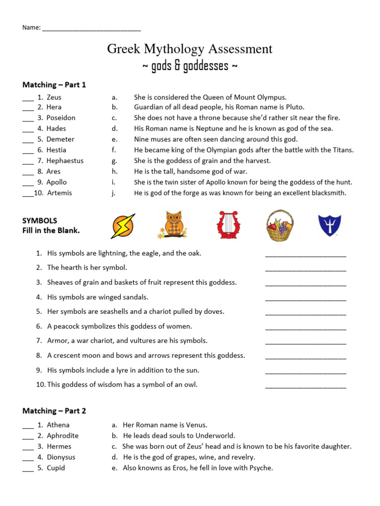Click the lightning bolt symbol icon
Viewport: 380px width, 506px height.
point(123,226)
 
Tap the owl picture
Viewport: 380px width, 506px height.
point(173,225)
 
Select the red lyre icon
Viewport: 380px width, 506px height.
point(228,225)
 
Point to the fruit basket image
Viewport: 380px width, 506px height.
point(280,225)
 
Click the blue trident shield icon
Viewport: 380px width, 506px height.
point(329,225)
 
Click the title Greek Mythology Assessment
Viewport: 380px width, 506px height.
point(190,49)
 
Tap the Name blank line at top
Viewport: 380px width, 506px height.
point(92,28)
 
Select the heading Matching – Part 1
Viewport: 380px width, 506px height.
point(54,85)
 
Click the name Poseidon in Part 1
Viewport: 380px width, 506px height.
point(61,118)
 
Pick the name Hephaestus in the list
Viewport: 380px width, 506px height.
point(65,161)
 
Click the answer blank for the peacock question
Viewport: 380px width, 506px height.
point(306,328)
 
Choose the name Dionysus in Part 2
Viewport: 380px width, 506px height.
point(61,458)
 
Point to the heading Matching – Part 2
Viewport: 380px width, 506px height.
point(54,411)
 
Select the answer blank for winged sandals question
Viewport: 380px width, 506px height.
point(306,298)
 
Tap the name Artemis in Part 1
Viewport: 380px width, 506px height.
point(59,193)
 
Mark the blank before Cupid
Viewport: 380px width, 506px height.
point(28,469)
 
